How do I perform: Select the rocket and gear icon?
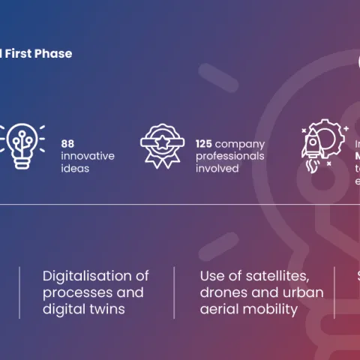tap(320, 144)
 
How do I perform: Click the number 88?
tap(68, 143)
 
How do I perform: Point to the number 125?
tap(204, 143)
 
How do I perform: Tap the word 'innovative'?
tap(88, 156)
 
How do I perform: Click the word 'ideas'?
tap(75, 169)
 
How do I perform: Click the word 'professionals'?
tap(229, 156)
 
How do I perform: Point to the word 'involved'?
tap(217, 169)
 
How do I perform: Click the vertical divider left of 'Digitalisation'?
tap(20, 292)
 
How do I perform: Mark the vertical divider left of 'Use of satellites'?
tap(174, 292)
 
